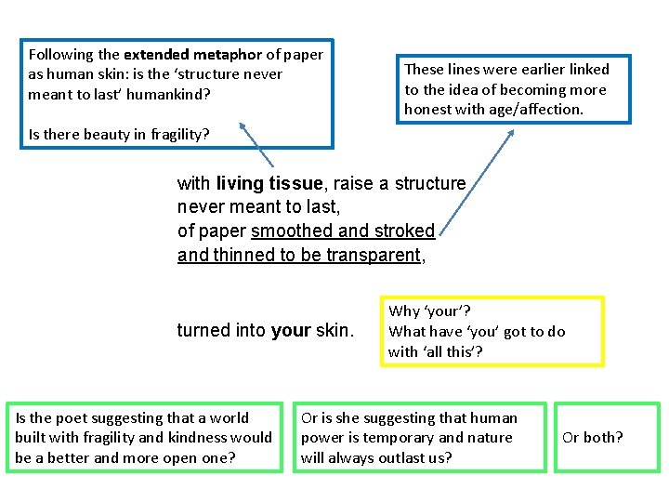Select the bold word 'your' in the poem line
(x=291, y=330)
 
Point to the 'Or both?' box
(x=607, y=437)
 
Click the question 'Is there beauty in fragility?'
(x=119, y=134)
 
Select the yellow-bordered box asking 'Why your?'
(x=492, y=331)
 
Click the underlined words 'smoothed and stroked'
(x=343, y=231)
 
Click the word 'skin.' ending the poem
(x=334, y=330)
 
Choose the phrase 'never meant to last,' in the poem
(x=258, y=206)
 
